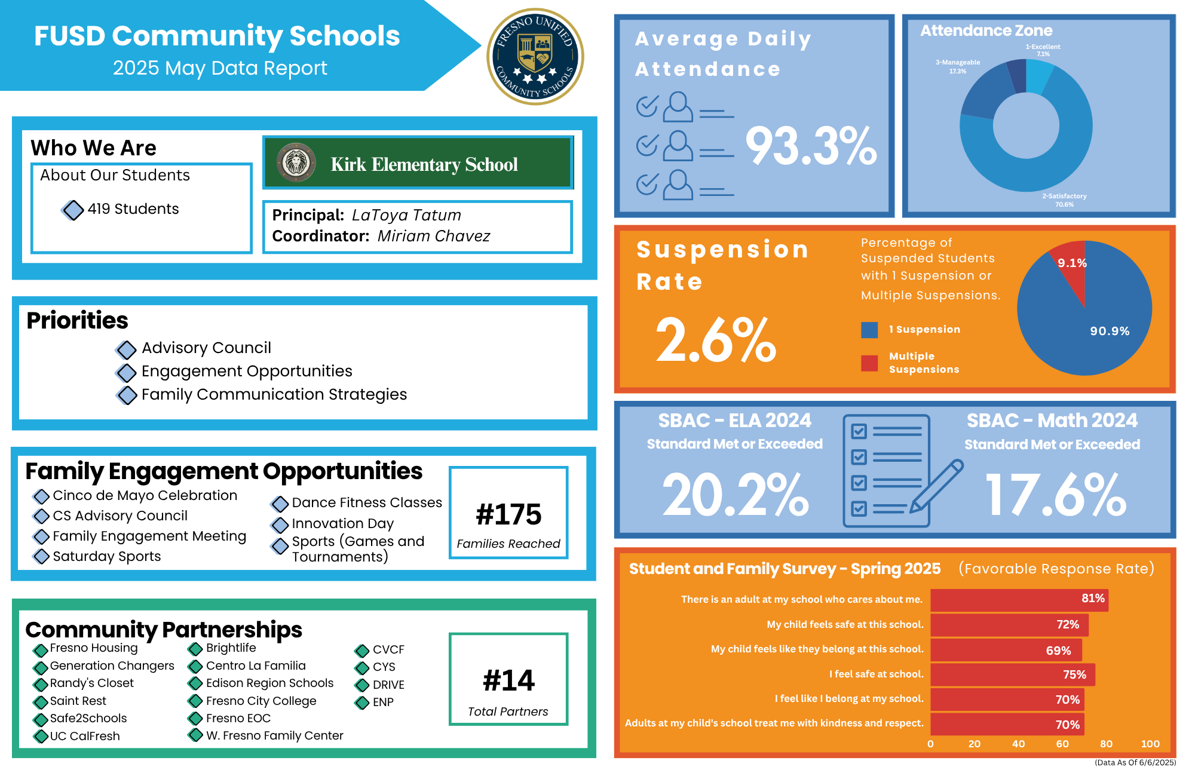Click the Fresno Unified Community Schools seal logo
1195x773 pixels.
tap(535, 57)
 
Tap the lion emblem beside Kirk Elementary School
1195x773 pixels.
tap(296, 162)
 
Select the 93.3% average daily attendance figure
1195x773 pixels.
tap(811, 146)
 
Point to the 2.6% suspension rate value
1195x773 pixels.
tap(715, 341)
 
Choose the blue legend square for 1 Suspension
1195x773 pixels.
tap(869, 330)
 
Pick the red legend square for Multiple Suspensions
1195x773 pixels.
tap(869, 363)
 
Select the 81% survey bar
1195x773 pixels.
tap(1019, 599)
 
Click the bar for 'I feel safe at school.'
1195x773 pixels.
tap(1012, 674)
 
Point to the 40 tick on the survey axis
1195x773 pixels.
tap(1018, 744)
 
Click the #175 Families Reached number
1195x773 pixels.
tap(508, 514)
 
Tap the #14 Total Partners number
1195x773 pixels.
tap(508, 680)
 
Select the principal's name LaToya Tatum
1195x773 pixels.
tap(406, 215)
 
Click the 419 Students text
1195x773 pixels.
tap(133, 209)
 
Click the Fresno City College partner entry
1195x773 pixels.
tap(261, 701)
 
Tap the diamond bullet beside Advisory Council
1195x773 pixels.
tap(126, 349)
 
